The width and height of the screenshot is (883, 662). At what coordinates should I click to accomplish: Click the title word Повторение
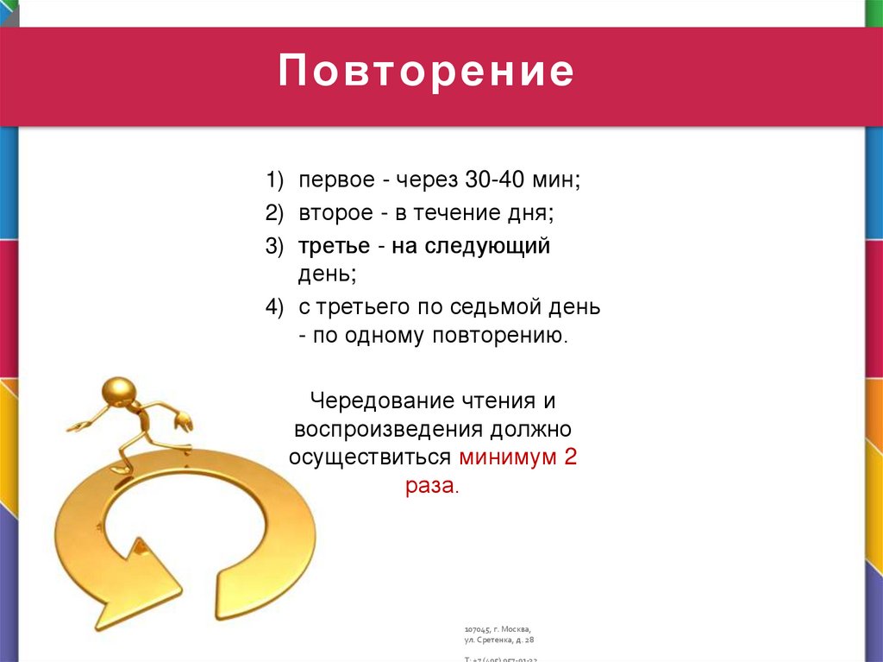point(426,73)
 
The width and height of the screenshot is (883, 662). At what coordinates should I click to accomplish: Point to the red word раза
point(432,486)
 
